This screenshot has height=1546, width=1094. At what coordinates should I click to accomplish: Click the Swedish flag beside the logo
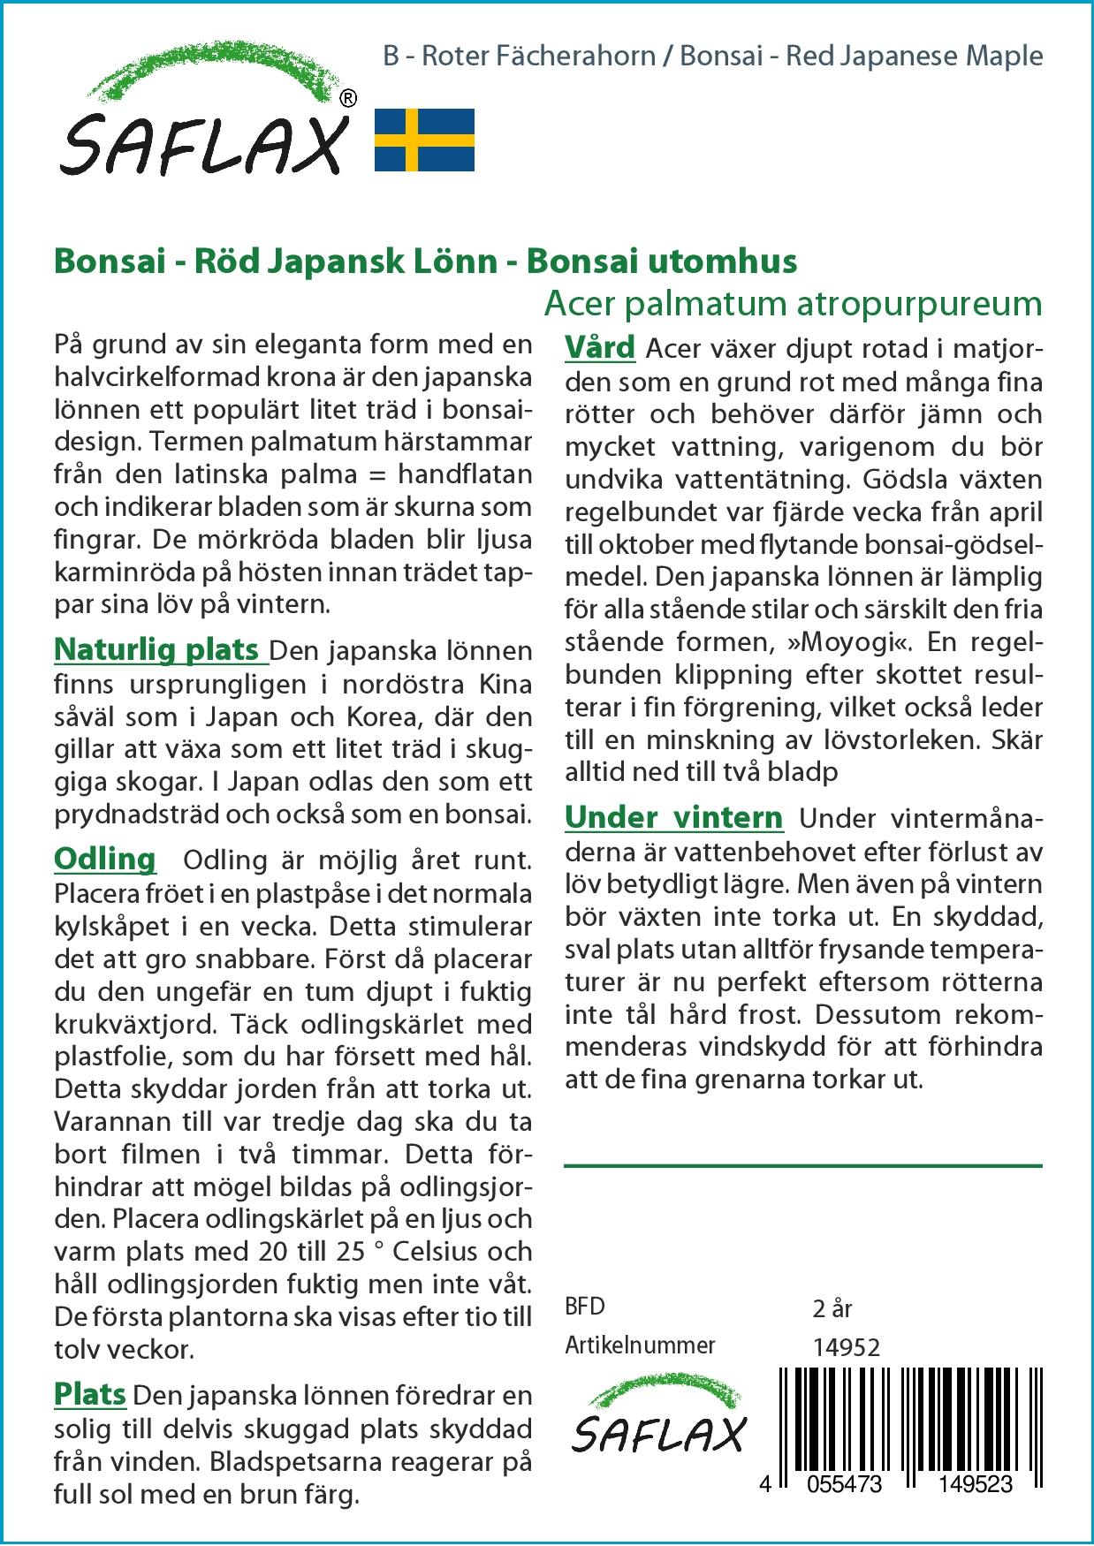(x=424, y=140)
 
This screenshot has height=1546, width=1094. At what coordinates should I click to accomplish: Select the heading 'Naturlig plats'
(x=160, y=649)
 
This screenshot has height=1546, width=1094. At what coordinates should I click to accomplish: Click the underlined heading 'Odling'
(x=105, y=859)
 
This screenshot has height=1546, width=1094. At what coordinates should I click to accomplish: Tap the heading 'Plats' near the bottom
(x=90, y=1394)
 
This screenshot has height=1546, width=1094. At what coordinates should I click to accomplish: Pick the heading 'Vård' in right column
(x=600, y=347)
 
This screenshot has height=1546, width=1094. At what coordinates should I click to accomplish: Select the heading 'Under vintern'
(x=673, y=817)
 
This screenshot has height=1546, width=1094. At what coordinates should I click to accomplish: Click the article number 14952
(x=846, y=1347)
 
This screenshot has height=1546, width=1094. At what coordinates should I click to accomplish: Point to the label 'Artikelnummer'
(x=640, y=1345)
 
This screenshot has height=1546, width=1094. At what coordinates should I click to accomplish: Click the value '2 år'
(x=832, y=1308)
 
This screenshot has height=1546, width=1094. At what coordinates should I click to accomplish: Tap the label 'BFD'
(x=585, y=1307)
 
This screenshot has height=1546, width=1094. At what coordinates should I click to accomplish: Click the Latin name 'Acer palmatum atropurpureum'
(x=793, y=303)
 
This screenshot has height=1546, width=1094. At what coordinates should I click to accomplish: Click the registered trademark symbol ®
(x=348, y=98)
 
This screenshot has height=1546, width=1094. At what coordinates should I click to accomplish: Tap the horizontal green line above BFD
(x=802, y=1166)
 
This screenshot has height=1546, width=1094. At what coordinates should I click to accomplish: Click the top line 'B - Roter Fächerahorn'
(x=520, y=57)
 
